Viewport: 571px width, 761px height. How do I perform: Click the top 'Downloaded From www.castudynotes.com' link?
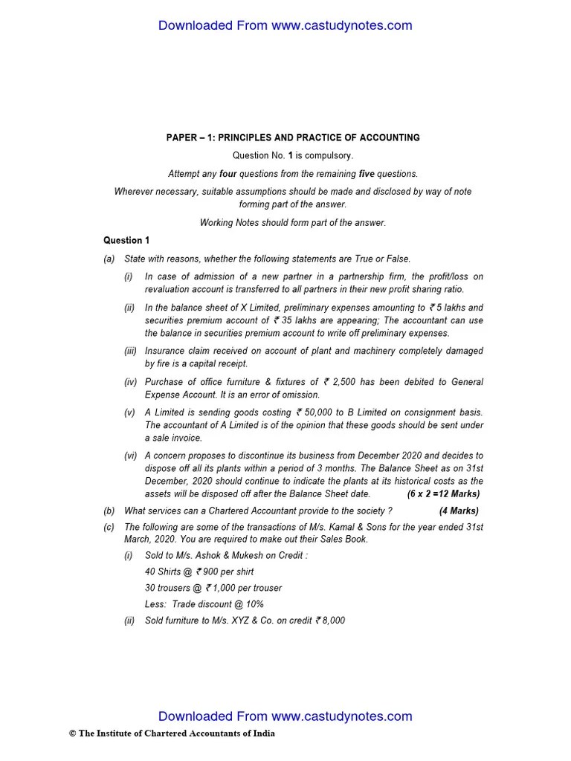285,26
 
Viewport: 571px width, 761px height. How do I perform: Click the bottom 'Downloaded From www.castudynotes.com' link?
285,716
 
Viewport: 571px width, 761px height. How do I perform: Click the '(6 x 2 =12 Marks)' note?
443,494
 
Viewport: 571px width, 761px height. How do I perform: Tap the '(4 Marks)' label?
459,511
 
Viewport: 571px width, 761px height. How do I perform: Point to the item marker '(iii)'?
130,351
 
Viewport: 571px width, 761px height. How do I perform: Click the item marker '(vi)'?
130,456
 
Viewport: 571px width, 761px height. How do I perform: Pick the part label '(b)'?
109,511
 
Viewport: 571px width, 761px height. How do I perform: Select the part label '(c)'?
109,527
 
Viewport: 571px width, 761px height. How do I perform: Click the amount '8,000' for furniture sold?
331,621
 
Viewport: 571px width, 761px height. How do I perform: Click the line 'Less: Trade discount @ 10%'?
204,604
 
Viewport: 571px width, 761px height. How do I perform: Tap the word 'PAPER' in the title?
181,137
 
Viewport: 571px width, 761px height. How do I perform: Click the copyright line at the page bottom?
172,734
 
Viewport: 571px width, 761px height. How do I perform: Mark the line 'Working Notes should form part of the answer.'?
293,222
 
